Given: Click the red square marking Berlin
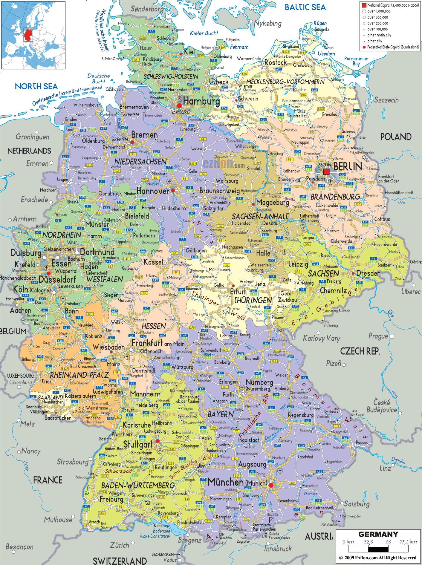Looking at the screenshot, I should click(326, 172).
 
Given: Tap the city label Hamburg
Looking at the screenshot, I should click(201, 102).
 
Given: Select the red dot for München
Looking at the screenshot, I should click(271, 485).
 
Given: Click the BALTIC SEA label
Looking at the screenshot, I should click(305, 7).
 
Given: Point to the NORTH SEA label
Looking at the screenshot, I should click(36, 87).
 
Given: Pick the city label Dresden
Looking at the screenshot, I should click(368, 273).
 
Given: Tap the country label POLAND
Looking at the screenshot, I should click(396, 137).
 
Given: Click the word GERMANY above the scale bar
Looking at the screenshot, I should click(378, 534).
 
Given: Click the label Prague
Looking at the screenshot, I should click(378, 336).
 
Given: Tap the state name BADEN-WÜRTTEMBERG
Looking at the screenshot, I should click(137, 485).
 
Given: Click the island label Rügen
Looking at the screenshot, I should click(320, 23).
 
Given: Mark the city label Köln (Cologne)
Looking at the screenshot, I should click(29, 290).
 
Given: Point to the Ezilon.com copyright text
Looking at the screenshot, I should click(378, 558).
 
